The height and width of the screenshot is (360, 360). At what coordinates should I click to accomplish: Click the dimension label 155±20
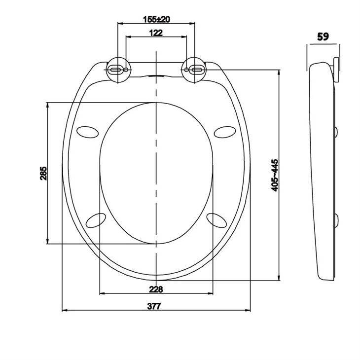click(156, 19)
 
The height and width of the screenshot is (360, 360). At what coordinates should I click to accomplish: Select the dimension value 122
click(156, 33)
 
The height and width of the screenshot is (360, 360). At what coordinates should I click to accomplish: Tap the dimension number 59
click(324, 36)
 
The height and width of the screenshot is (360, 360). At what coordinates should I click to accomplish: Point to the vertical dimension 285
click(43, 173)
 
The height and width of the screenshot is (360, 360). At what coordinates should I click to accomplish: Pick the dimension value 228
click(156, 289)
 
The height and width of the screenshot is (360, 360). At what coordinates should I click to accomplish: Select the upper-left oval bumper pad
click(87, 131)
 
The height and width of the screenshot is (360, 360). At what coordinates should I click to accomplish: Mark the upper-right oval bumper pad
click(225, 131)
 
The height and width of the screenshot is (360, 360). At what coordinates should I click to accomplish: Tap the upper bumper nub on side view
click(336, 131)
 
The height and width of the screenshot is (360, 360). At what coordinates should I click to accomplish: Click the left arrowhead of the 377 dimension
click(65, 311)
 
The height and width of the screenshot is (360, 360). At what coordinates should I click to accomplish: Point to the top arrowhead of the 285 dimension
click(47, 105)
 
